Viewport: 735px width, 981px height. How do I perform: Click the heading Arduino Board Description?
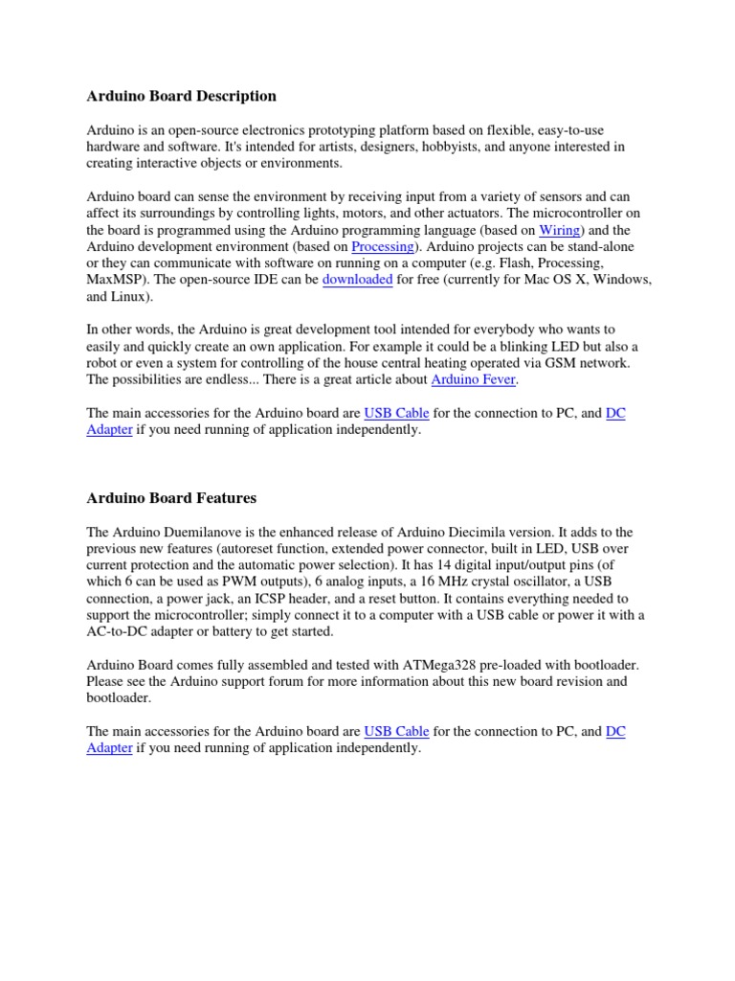182,96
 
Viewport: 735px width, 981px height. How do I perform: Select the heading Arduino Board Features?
171,498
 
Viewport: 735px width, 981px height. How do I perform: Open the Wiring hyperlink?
559,230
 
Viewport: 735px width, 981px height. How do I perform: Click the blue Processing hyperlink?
382,246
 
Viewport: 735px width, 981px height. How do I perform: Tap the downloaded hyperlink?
357,280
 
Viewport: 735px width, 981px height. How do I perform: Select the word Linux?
133,296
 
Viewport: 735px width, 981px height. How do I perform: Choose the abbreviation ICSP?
312,598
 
